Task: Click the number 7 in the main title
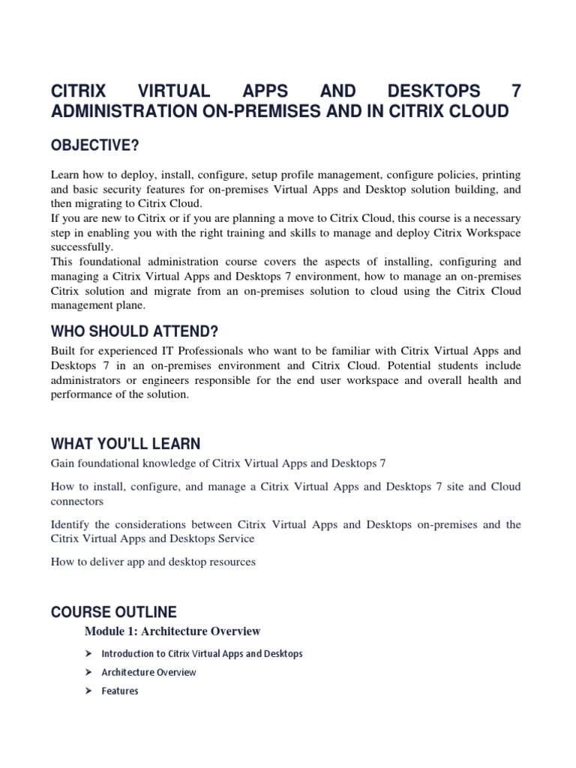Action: [x=514, y=91]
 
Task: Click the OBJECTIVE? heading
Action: [x=94, y=144]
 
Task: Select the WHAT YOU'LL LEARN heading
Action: [x=125, y=444]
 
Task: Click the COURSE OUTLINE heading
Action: [x=113, y=612]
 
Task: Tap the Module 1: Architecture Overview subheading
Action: [x=172, y=631]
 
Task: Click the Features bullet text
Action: [x=120, y=691]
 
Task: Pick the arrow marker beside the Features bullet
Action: [x=88, y=691]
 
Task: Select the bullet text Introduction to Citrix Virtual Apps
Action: [x=202, y=653]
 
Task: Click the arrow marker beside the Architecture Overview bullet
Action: [x=88, y=672]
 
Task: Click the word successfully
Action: [x=82, y=246]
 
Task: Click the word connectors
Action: [x=77, y=501]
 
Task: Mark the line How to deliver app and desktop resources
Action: [x=153, y=562]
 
